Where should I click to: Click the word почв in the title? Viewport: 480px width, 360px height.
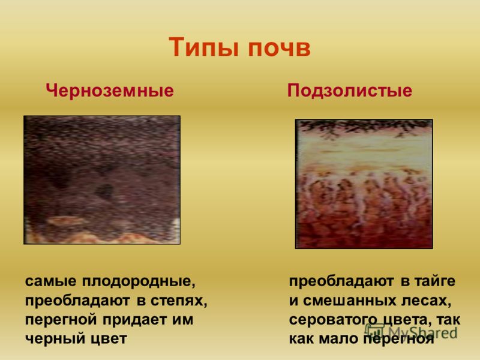(x=279, y=49)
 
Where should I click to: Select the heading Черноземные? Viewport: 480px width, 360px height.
(x=110, y=91)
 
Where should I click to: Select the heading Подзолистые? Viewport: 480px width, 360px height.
(x=350, y=91)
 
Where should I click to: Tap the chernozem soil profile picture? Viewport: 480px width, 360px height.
(x=102, y=180)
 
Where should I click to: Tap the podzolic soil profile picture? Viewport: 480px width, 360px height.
(x=364, y=184)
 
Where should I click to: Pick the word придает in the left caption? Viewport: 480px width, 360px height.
(x=134, y=320)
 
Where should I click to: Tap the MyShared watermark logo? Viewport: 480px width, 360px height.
(x=411, y=332)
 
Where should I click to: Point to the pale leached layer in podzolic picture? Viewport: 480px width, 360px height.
(x=364, y=152)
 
